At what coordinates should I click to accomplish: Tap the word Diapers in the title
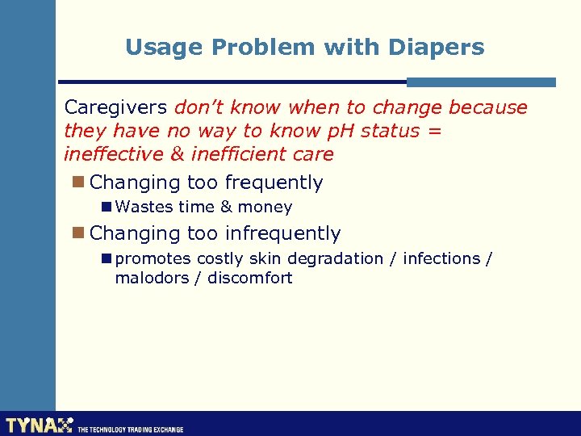point(437,48)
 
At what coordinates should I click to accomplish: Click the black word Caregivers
point(116,107)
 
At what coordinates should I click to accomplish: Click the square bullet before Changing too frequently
point(77,182)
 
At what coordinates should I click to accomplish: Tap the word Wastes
point(144,208)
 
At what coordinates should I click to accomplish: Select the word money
point(265,208)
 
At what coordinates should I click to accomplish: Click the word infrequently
point(282,233)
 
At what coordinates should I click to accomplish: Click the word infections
point(441,258)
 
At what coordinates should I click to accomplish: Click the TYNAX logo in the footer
point(39,425)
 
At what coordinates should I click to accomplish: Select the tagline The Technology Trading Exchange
point(130,430)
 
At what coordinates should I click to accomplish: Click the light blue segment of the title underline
point(481,82)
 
